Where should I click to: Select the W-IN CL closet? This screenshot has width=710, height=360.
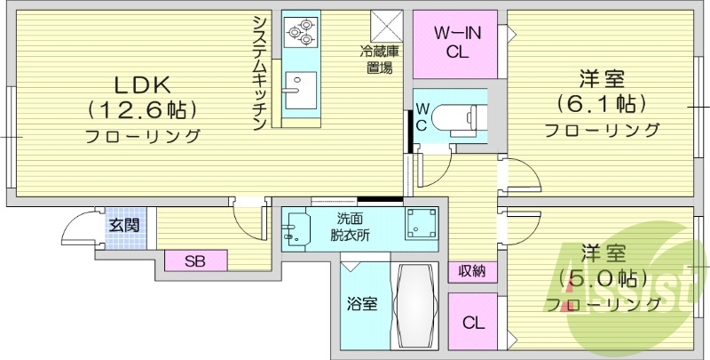(457, 43)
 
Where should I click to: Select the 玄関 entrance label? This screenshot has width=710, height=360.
(124, 225)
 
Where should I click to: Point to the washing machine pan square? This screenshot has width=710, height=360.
(421, 226)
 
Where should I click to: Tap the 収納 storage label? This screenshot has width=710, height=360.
(471, 271)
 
